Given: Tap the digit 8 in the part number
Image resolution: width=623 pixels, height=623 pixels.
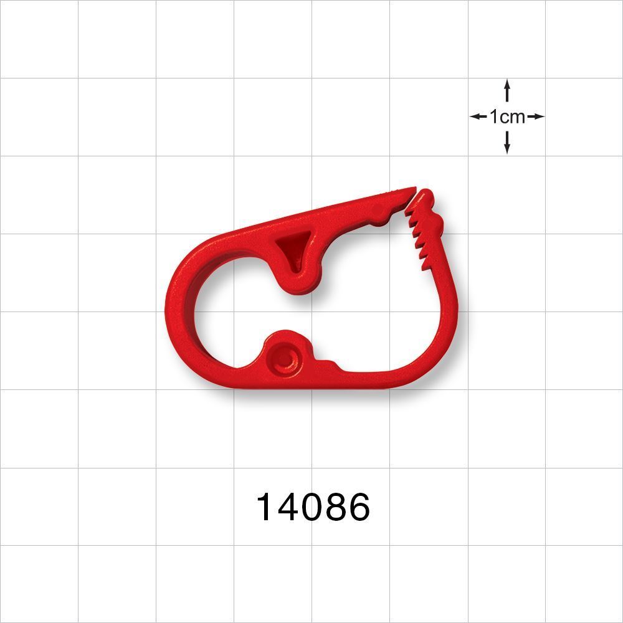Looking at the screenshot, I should tap(335, 507).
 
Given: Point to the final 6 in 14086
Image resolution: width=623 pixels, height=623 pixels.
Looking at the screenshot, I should tap(359, 507).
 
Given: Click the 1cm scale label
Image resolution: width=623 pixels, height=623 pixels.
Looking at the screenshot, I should tap(507, 117).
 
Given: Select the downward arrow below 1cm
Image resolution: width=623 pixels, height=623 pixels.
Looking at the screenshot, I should tap(507, 144).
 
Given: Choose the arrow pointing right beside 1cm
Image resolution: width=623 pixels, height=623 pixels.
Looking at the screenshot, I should tap(536, 117).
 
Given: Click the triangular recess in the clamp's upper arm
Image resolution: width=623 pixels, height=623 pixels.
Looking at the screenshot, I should tap(293, 247).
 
